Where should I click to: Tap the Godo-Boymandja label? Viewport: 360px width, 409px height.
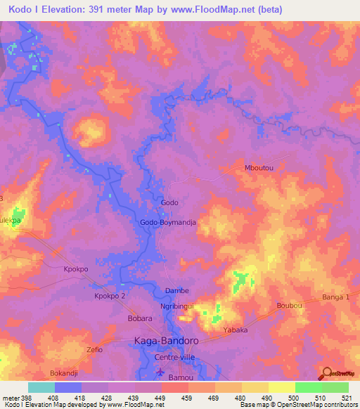click(x=167, y=222)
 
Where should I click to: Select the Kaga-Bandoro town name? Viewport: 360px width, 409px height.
click(x=166, y=341)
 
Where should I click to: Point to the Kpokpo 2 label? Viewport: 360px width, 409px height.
click(x=110, y=297)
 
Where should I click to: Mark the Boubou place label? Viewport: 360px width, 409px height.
click(x=290, y=306)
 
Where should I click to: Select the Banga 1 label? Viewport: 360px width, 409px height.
click(x=336, y=299)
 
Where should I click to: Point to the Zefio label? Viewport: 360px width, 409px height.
click(x=95, y=349)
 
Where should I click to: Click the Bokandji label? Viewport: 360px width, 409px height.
click(x=67, y=372)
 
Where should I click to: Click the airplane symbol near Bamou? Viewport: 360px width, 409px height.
click(x=159, y=372)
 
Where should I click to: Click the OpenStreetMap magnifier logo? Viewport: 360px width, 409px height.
click(x=327, y=374)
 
